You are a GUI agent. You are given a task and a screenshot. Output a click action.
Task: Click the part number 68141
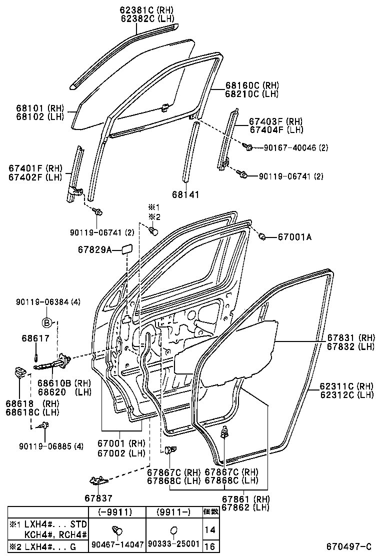(x=185, y=194)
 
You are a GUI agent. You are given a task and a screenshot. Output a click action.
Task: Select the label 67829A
(x=94, y=249)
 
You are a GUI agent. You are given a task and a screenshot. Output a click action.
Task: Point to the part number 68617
(x=35, y=338)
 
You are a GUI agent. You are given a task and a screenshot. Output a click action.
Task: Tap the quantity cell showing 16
(x=210, y=546)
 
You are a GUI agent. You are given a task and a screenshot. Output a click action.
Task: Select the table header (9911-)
(x=173, y=511)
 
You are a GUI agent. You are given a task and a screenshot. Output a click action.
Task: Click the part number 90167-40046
(x=285, y=147)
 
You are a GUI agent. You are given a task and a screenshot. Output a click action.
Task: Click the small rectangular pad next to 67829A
(x=125, y=249)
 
